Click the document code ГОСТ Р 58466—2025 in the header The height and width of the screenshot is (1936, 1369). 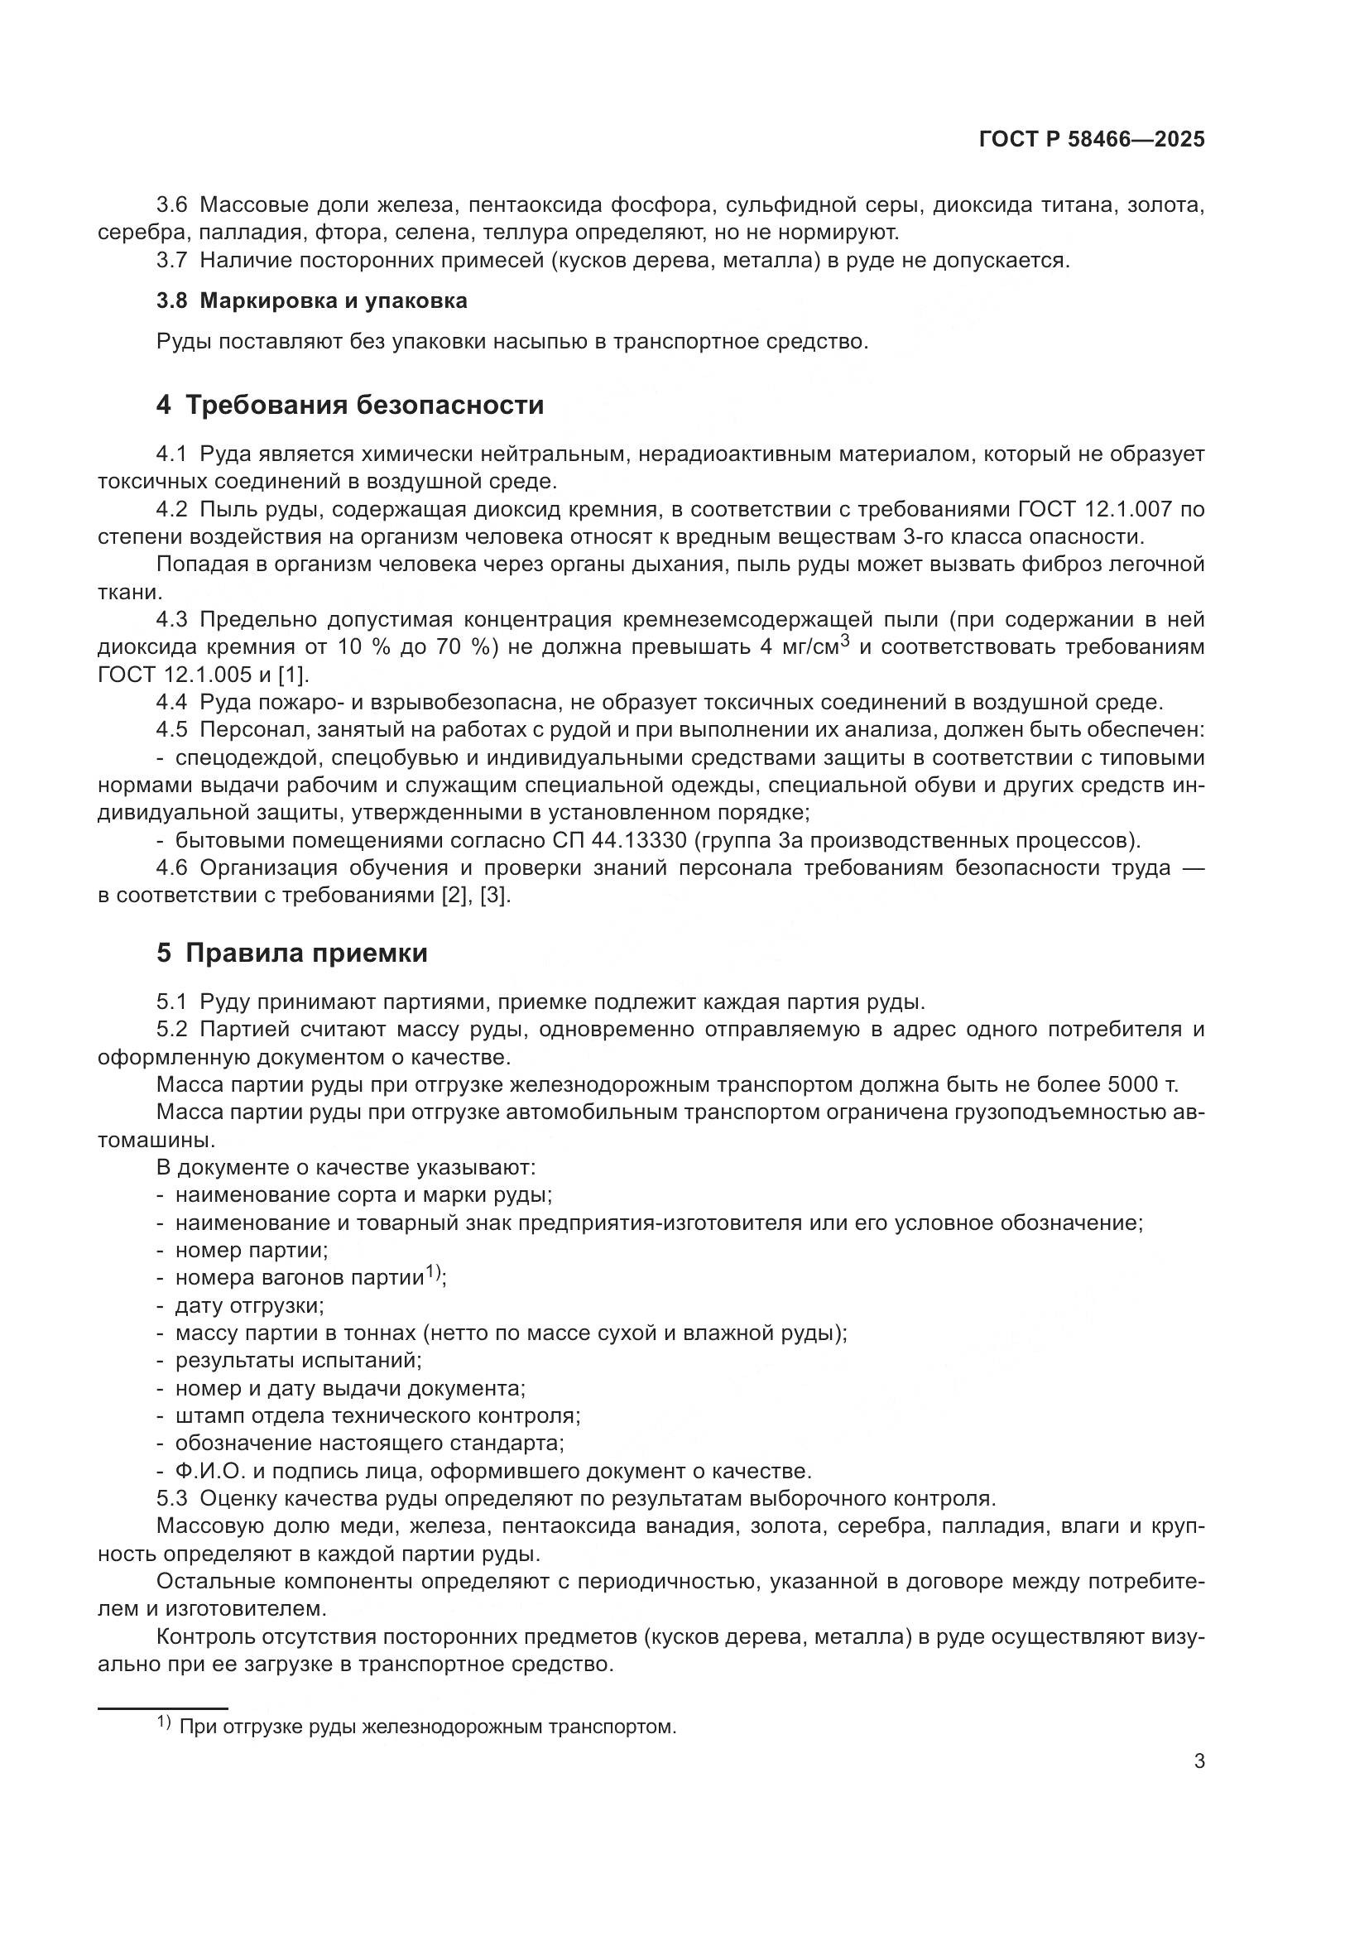click(x=1092, y=140)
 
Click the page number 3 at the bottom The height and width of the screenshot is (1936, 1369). click(x=1198, y=1761)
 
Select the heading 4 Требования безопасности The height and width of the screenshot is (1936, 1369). click(x=350, y=406)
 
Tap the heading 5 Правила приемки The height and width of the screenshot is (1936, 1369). click(x=291, y=954)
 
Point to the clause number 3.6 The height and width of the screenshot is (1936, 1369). click(x=172, y=205)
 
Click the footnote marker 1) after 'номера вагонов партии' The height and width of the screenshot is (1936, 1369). click(x=432, y=1272)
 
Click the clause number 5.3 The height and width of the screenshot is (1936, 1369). click(x=172, y=1498)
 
